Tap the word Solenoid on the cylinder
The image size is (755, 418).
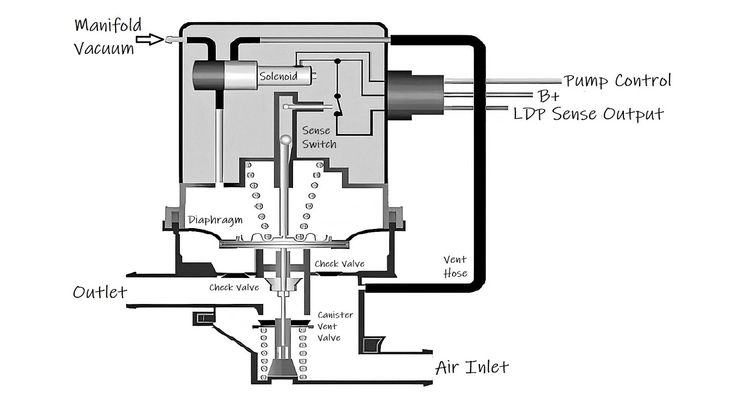[x=278, y=76]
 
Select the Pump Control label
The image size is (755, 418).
[x=617, y=81]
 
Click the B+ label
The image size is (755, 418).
[x=548, y=97]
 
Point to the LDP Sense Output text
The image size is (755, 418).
[x=588, y=114]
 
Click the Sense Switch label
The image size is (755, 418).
[x=319, y=137]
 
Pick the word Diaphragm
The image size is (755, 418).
[x=215, y=220]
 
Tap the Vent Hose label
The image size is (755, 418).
[x=455, y=266]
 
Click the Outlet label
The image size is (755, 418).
[x=100, y=292]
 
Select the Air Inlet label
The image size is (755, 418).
[x=472, y=367]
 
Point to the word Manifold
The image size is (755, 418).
[x=108, y=25]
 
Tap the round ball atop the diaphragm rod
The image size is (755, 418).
[x=286, y=139]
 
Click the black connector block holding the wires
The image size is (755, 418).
[x=415, y=94]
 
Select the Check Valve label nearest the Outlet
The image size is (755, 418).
[x=234, y=287]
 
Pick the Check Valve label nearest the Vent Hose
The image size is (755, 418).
[x=339, y=264]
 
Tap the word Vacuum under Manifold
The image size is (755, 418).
[x=104, y=48]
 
